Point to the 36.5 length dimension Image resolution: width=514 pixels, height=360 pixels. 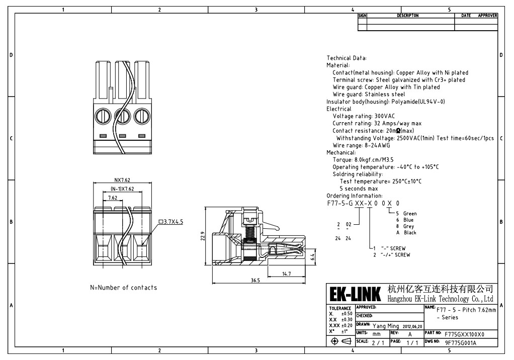(x=255, y=281)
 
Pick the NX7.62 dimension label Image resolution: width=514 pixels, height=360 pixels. (x=122, y=179)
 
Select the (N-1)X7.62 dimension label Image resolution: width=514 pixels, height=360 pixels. (x=122, y=189)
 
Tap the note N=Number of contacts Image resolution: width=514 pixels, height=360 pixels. (x=123, y=288)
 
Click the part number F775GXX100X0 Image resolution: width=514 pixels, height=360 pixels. (x=465, y=334)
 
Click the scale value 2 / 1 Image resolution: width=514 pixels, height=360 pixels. (x=377, y=342)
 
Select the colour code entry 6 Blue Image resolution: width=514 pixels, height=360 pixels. (x=405, y=220)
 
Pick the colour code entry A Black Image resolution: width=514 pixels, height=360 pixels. (x=406, y=233)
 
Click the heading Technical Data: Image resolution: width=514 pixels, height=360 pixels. (x=347, y=58)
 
